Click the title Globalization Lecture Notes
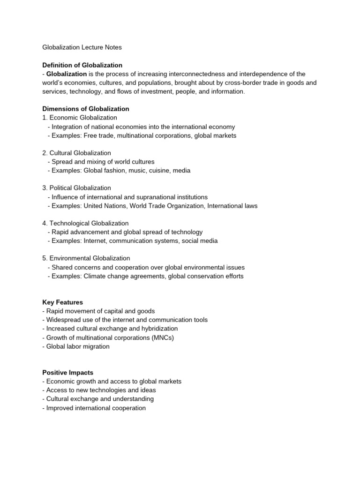82,47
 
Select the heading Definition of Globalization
82,65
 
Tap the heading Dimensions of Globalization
86,109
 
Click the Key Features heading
62,302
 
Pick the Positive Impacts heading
67,373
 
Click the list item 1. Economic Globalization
80,118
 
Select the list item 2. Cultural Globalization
76,153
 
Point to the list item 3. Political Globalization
76,188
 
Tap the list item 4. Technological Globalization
85,223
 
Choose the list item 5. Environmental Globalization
86,258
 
